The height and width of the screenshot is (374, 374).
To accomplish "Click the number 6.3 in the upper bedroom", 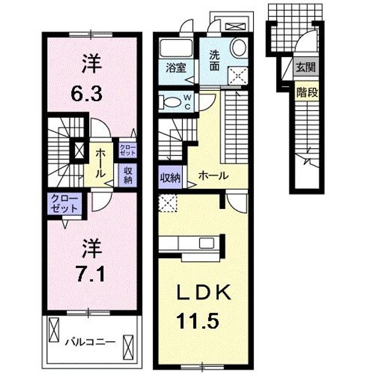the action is [87, 94].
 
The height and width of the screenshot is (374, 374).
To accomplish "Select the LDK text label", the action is [204, 292].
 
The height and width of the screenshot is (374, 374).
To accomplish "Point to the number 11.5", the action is [197, 321].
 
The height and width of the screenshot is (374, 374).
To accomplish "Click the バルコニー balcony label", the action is [90, 343].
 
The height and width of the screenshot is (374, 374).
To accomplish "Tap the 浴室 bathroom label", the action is [176, 68].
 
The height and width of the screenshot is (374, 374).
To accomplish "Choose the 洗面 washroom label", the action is [215, 61].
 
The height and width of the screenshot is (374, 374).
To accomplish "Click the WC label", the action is [187, 102].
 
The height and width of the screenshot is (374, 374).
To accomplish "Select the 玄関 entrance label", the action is [305, 67].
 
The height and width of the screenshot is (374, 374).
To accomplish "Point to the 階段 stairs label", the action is [307, 92].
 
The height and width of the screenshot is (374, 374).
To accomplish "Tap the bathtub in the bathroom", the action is [176, 48].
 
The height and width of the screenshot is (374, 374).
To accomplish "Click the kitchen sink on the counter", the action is [207, 243].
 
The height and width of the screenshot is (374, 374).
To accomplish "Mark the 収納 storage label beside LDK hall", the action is [170, 178].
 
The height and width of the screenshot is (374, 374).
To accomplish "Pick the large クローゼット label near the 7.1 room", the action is [64, 204].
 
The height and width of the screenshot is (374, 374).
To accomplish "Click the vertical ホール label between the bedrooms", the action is [100, 164].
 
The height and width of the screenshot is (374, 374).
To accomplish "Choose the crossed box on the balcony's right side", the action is [128, 348].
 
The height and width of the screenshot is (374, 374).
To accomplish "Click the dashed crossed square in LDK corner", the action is [168, 203].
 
